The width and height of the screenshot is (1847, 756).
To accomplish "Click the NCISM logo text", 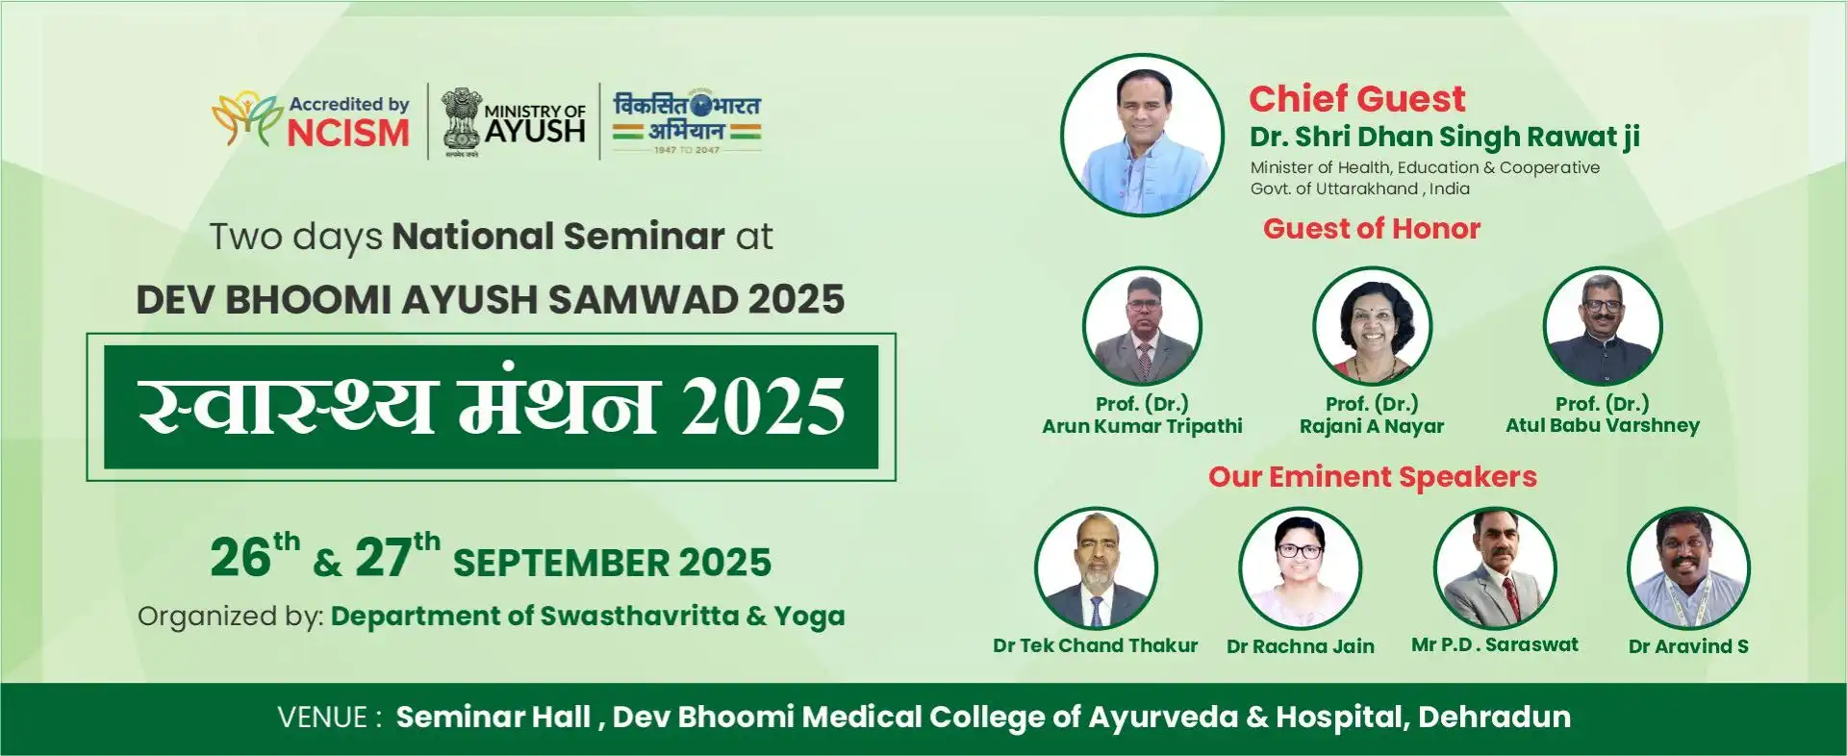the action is pos(348,133).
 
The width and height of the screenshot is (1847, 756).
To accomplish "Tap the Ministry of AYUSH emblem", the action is pos(462,121).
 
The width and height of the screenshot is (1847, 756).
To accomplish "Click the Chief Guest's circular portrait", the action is pos(1142,135).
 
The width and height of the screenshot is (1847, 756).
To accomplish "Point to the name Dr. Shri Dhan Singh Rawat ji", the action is pos(1445,138).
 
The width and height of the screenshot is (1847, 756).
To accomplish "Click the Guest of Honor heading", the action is pos(1371,229).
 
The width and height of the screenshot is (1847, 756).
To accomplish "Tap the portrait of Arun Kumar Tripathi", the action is pos(1142,327).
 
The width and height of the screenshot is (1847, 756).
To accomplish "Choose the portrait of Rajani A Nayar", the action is pos(1372,327).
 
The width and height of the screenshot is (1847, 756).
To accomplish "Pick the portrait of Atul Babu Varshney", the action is pos(1603,327).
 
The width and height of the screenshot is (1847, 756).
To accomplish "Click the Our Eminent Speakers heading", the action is pos(1373,477).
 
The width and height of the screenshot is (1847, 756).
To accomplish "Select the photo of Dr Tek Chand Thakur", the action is pos(1096,568).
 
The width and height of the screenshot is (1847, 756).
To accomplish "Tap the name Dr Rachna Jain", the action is pos(1300,646).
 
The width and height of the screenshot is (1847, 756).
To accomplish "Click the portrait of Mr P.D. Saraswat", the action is pos(1495,568).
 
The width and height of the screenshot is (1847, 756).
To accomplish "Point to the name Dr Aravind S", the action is pos(1688,646).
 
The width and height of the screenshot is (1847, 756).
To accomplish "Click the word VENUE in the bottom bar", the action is pos(323,718).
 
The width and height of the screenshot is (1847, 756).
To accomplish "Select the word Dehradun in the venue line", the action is pos(1494,717).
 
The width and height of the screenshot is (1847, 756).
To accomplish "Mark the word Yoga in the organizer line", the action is pos(809,617).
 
